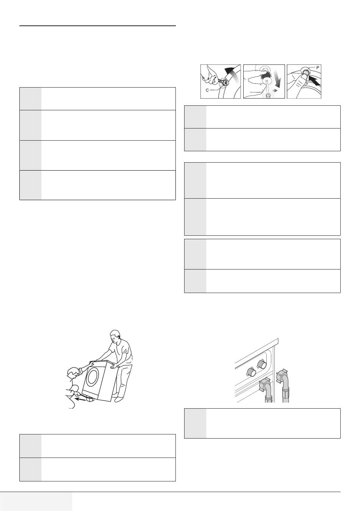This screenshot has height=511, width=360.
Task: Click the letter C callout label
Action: tap(207, 90)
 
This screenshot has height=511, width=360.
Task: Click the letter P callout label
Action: tap(318, 67)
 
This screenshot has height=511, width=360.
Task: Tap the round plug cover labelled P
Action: tap(305, 72)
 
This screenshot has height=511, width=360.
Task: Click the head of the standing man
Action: tap(115, 336)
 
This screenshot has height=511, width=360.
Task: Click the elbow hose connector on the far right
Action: tap(283, 384)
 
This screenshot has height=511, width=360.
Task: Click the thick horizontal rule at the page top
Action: tap(98, 26)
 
